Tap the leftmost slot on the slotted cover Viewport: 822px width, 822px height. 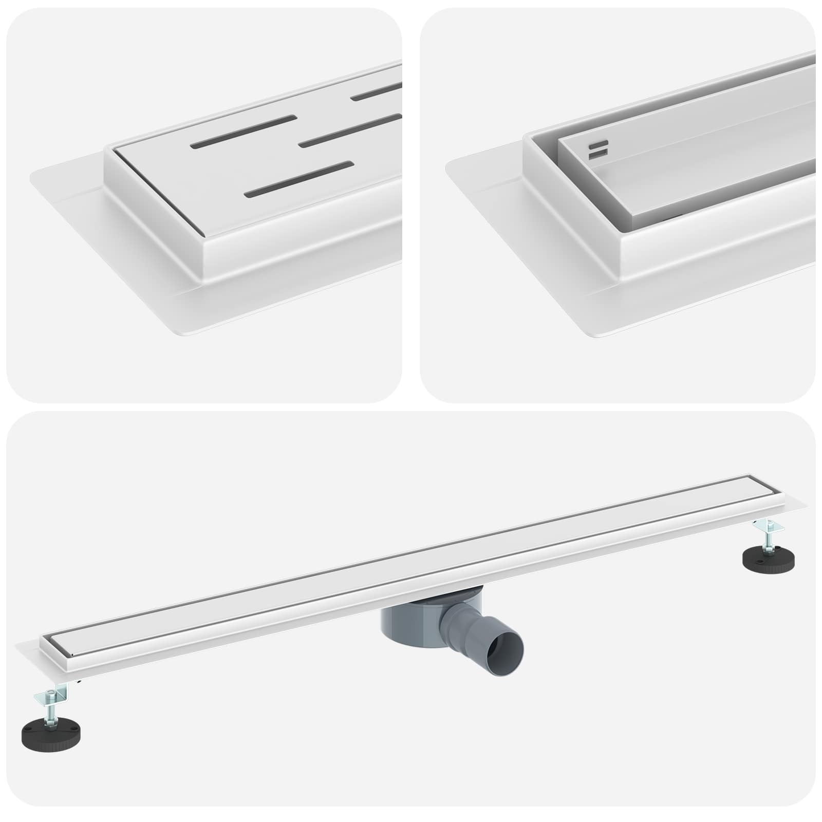(x=244, y=130)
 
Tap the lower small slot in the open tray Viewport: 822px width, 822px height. (x=599, y=152)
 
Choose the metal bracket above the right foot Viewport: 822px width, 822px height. (x=768, y=526)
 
